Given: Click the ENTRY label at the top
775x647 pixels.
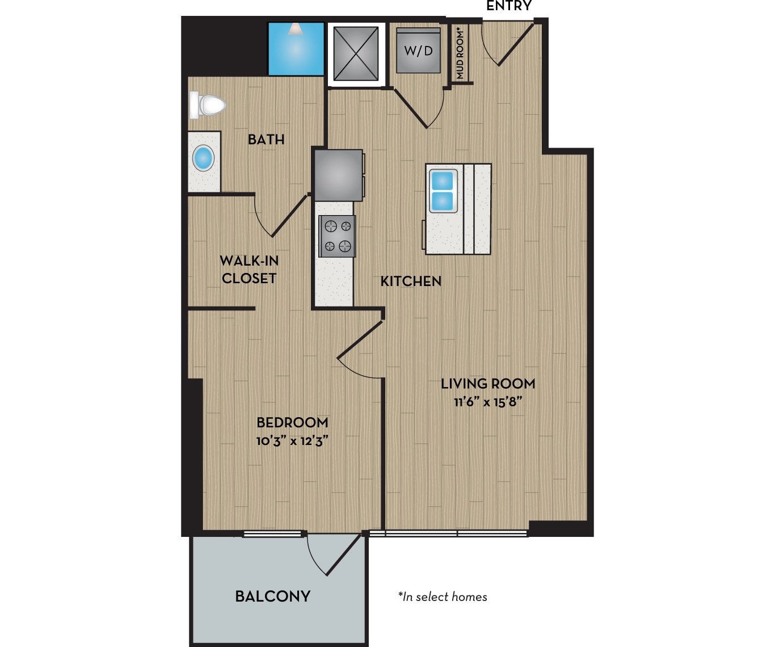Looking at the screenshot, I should (x=509, y=6).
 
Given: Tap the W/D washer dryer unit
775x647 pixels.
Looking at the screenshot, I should (x=419, y=51).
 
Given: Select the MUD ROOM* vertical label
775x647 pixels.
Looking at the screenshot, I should (x=460, y=54).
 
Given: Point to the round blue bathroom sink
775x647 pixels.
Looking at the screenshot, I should (x=203, y=158).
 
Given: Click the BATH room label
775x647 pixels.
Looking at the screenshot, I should (x=266, y=140).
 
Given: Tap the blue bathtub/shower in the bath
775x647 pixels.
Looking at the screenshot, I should (x=296, y=49).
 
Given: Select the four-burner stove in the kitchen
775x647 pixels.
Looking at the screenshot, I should (x=337, y=236).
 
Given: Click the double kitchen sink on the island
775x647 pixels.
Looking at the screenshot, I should (x=443, y=191).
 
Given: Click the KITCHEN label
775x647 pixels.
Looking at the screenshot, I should (x=411, y=282).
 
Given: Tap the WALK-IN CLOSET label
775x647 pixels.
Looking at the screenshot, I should (x=249, y=270).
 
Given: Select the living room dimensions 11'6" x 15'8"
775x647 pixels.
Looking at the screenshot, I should (x=488, y=402).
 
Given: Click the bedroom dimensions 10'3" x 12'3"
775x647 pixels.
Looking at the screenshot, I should (x=292, y=441).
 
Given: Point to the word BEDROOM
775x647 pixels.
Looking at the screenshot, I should (x=292, y=423).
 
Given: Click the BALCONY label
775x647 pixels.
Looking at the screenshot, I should (x=273, y=596).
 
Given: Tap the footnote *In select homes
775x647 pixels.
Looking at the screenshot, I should (x=443, y=597).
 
